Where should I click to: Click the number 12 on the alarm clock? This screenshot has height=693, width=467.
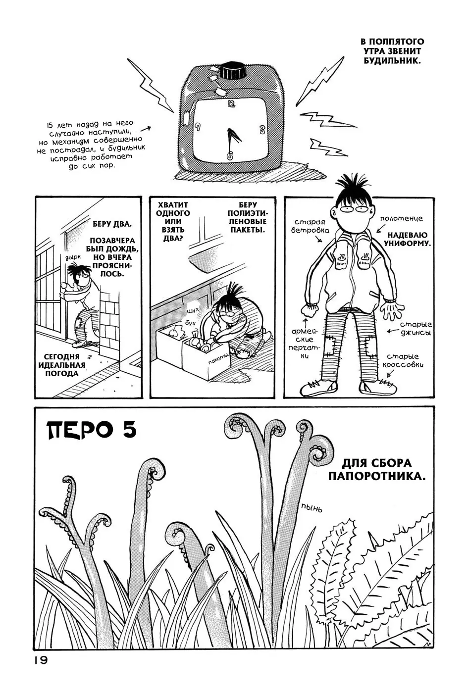(x=231, y=104)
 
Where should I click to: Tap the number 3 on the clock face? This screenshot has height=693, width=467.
(x=262, y=129)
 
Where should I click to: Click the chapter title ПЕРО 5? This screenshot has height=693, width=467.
(x=91, y=430)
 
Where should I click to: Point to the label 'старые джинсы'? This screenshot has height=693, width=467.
(x=415, y=329)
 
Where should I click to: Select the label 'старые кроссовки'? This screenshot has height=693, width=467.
(x=403, y=360)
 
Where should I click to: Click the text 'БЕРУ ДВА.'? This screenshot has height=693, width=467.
(x=112, y=224)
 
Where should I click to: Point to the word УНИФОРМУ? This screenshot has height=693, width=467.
(x=408, y=243)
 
